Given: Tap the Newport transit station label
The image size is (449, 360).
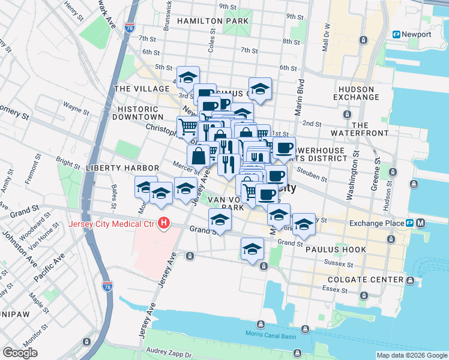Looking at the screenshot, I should point(417,34).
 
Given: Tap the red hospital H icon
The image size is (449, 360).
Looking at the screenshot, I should point(163,224).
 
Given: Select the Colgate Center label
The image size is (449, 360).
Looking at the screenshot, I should point(366,280).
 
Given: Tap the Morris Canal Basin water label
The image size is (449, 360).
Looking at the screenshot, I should point(271,334).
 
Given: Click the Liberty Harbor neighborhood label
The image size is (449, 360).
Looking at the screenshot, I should point(122,167).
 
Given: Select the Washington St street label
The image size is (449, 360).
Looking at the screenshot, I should point(349,180).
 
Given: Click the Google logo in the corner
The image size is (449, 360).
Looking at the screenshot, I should point(20,352).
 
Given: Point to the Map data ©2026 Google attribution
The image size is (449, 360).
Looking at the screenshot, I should point(412,355).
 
